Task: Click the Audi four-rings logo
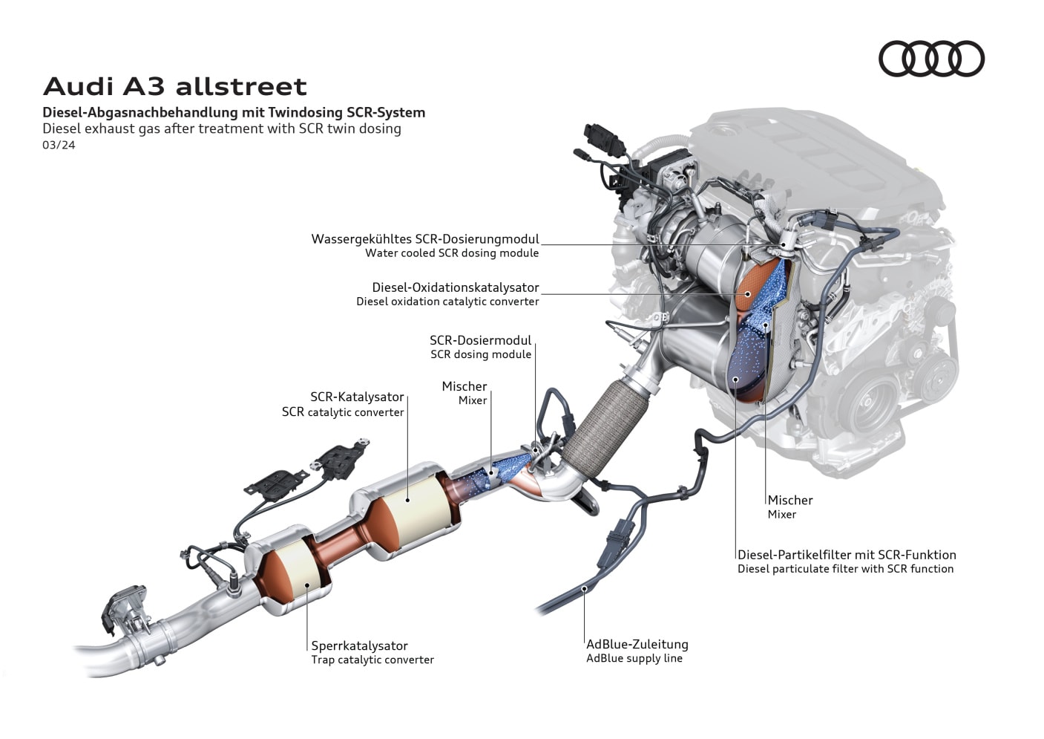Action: (931, 59)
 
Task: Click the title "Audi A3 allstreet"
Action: (175, 87)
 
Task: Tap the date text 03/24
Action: (59, 145)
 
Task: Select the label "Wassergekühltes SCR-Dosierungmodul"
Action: (424, 239)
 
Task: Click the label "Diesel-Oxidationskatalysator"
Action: (455, 287)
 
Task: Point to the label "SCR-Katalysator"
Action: (357, 397)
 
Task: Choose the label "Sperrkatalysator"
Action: (359, 645)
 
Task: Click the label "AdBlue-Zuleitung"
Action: (637, 644)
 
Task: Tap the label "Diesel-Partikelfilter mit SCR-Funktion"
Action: (847, 555)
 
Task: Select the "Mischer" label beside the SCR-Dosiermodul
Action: (464, 386)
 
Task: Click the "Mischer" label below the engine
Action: (790, 501)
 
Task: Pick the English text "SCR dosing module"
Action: (481, 355)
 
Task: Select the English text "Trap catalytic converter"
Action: (372, 660)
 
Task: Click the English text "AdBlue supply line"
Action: (634, 658)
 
